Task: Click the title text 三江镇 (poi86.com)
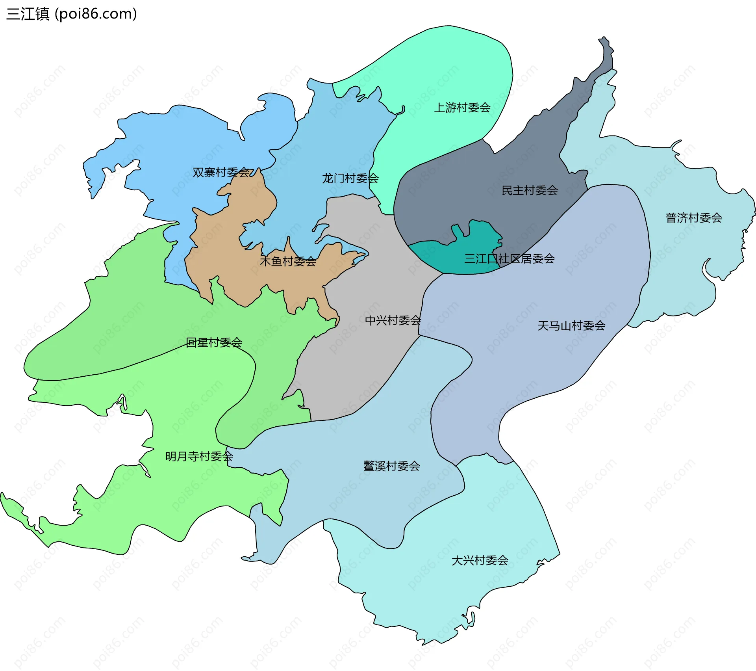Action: click(72, 14)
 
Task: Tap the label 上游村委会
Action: click(462, 107)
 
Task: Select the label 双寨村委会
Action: click(221, 172)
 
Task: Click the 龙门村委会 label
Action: click(350, 178)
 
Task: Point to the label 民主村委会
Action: click(530, 190)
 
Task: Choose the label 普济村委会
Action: click(694, 218)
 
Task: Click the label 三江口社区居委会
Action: click(509, 259)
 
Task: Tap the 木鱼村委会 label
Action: click(288, 261)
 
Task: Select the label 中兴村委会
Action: click(393, 320)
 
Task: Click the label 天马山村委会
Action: click(571, 325)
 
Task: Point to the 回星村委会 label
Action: click(214, 342)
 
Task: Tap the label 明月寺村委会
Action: click(199, 456)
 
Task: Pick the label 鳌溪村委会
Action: click(391, 466)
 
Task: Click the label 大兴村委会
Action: click(480, 560)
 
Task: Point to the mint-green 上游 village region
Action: click(445, 71)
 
